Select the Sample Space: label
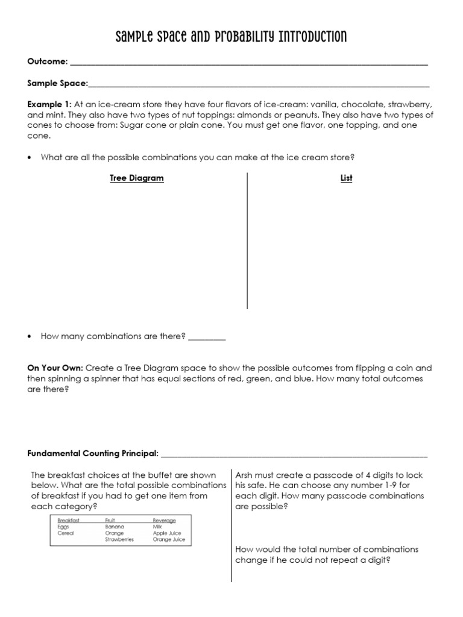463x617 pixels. (58, 83)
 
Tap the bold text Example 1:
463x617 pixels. (49, 104)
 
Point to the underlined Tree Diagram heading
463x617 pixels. (136, 178)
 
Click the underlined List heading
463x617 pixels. (346, 178)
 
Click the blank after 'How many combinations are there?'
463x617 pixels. (207, 337)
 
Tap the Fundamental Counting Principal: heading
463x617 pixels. (93, 453)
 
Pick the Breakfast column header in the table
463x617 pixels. (68, 520)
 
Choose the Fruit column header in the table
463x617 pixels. (110, 520)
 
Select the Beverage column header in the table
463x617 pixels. (164, 520)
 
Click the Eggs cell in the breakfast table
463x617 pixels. (63, 527)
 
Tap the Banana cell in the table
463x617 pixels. (114, 527)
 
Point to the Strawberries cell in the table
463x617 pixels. (119, 540)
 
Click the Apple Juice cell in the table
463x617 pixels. (167, 533)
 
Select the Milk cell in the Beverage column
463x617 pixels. (158, 527)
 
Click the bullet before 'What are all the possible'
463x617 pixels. (30, 158)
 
